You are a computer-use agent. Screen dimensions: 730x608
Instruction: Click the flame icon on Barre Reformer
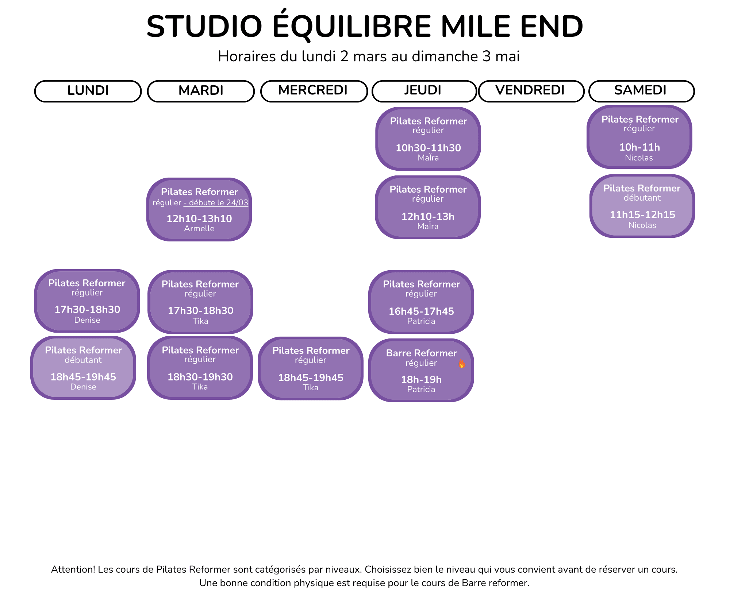point(462,363)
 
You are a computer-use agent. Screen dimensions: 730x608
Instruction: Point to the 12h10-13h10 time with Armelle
point(199,218)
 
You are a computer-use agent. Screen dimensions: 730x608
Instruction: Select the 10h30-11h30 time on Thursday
point(428,148)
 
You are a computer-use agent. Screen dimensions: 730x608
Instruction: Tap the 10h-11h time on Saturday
point(639,147)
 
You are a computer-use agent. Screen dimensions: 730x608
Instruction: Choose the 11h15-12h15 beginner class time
point(642,214)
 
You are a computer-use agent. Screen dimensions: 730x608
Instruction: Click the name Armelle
point(199,229)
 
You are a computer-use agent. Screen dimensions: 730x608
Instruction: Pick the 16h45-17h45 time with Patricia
point(421,311)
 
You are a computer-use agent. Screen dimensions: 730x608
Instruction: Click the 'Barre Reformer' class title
point(422,353)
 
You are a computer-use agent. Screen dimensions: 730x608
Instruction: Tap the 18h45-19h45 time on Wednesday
point(311,377)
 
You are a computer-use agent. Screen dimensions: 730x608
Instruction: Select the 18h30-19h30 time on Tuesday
point(200,377)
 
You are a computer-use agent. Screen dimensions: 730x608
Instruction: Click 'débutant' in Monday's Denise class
point(83,360)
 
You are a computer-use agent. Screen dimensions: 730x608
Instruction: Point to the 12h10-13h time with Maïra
point(428,216)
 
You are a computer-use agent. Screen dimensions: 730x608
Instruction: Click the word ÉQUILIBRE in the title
point(351,26)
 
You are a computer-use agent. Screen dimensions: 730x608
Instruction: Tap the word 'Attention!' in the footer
point(73,569)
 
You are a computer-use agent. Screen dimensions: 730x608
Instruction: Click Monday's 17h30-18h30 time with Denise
point(87,309)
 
